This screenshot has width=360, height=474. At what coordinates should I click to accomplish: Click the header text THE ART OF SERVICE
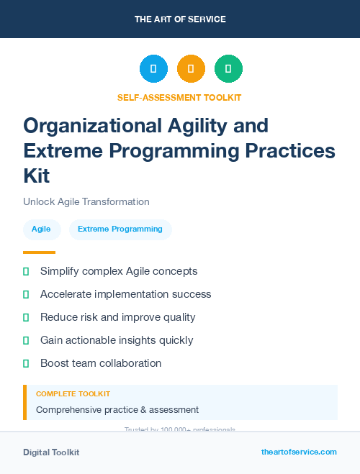tap(180, 19)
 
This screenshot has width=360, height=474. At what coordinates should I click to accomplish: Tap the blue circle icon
tap(153, 69)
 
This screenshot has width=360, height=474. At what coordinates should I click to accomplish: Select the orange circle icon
tap(191, 69)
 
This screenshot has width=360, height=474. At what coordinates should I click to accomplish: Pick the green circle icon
tap(228, 69)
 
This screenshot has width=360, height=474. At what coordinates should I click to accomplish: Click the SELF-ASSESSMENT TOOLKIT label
tap(179, 97)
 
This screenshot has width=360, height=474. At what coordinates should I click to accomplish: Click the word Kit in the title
tap(37, 175)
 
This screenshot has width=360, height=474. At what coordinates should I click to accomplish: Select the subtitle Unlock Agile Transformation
tap(86, 201)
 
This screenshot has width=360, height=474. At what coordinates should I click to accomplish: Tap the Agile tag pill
tap(41, 229)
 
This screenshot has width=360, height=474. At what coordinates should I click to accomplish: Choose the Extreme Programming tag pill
tap(120, 229)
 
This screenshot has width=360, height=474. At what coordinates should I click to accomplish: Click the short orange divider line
tap(39, 252)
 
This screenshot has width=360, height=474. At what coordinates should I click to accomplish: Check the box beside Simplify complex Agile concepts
tap(26, 271)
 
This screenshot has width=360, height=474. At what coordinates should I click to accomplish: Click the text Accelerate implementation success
tap(126, 294)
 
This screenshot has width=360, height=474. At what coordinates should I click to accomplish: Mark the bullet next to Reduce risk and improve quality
tap(26, 317)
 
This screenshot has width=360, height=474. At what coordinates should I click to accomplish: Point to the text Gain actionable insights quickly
tap(117, 340)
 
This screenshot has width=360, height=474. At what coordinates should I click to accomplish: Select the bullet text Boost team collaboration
tap(101, 363)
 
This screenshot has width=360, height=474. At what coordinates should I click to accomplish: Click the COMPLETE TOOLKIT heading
tap(73, 394)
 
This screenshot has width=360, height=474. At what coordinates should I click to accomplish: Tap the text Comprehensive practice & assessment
tap(117, 409)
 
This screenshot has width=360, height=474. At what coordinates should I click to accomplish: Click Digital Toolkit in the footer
tap(51, 452)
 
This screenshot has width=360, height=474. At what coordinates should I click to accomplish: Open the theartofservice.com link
tap(299, 452)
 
